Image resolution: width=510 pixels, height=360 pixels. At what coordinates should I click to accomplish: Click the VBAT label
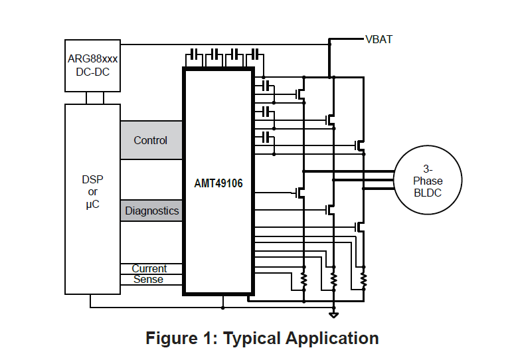coord(379,39)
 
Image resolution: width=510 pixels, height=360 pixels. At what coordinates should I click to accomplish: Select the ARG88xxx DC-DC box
coord(92,65)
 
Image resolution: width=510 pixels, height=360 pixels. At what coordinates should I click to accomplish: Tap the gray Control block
coord(151,140)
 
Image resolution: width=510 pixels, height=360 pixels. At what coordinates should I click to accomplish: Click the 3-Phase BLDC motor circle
coord(427,181)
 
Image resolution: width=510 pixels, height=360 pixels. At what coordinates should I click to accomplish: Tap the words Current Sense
coord(149,274)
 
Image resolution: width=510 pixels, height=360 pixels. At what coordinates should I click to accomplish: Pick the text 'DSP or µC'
coord(92,192)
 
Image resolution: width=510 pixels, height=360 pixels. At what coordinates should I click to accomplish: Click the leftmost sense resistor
coord(303,280)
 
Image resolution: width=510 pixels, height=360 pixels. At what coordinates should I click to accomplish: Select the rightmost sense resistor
coord(363,280)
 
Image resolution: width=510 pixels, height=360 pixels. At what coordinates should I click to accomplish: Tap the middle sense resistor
coord(333,280)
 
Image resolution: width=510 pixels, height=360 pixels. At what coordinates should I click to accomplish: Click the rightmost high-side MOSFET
coord(360,144)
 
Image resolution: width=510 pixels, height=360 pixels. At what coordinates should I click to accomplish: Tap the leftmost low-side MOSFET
coord(301,193)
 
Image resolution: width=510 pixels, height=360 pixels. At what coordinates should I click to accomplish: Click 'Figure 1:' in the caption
coord(181,338)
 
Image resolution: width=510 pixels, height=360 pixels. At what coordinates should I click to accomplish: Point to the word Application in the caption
coord(332,338)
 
